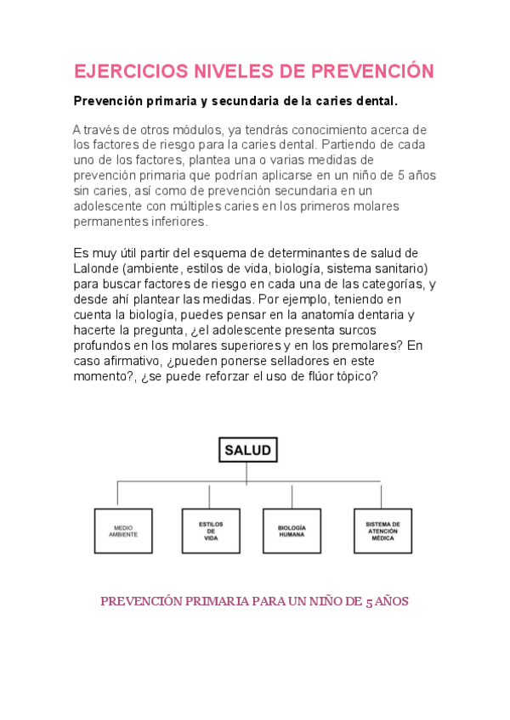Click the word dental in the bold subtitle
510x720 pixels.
click(374, 101)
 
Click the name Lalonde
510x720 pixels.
click(97, 268)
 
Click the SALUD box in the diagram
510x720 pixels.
click(247, 451)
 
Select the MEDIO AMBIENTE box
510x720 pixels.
click(123, 532)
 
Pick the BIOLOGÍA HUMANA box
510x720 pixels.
click(292, 532)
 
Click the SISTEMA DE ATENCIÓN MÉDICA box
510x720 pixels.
click(382, 532)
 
